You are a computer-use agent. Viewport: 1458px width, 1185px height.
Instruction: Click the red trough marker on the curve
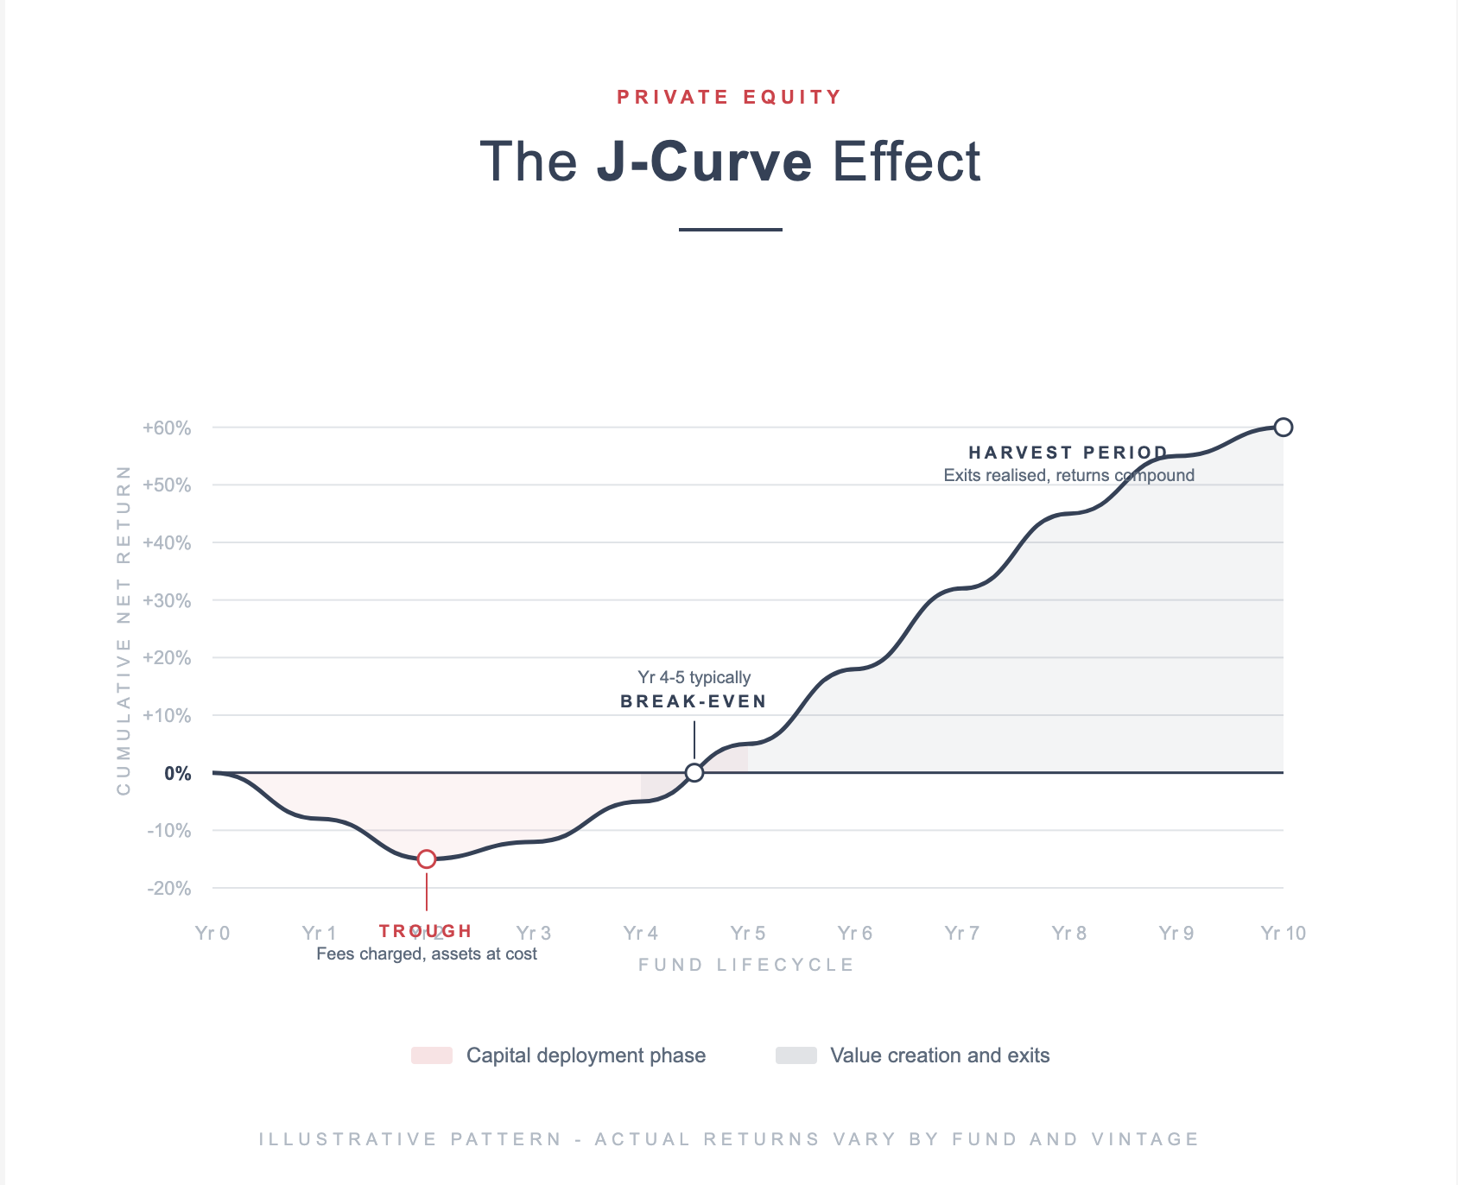click(427, 859)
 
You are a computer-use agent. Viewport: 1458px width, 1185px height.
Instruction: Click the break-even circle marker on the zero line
click(694, 772)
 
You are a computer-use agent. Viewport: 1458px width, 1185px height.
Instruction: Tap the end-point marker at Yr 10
click(1284, 427)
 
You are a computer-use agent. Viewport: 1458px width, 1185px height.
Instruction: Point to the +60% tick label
click(167, 428)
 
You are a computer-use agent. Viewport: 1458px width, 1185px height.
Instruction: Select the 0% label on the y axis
click(177, 774)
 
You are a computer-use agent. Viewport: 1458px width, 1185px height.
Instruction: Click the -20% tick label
click(168, 889)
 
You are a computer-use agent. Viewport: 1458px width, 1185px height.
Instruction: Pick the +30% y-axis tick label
click(167, 601)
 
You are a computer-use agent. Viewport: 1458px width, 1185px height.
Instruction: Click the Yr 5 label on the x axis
click(747, 933)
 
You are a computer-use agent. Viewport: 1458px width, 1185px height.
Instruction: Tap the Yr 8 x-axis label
click(1068, 933)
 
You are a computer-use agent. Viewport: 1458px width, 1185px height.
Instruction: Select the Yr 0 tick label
click(212, 933)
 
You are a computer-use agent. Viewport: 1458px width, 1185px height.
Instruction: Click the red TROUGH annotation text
click(426, 931)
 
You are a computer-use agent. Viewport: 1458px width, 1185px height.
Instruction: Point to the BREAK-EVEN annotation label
click(694, 701)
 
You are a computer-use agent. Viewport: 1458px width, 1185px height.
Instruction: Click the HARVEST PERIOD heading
click(1068, 453)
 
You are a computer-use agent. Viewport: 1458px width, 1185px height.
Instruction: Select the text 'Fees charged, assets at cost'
click(427, 954)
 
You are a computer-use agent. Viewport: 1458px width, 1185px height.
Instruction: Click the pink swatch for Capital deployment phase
click(432, 1055)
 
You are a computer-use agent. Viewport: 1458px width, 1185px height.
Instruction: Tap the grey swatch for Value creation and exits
click(796, 1055)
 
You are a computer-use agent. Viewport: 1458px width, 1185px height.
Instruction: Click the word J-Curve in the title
click(704, 162)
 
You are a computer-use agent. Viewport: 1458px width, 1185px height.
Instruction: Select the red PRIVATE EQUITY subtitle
click(729, 97)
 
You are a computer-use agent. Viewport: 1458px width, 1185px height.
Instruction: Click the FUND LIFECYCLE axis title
click(746, 965)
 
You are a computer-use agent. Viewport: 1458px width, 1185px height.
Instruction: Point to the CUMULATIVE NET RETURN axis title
click(124, 631)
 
